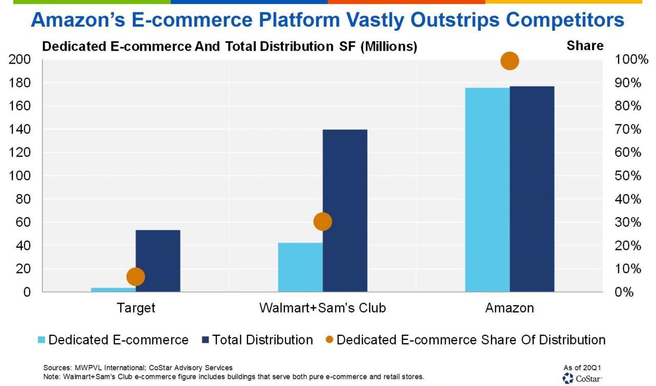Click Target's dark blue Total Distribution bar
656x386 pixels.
(158, 261)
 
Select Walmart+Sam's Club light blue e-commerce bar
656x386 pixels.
(300, 267)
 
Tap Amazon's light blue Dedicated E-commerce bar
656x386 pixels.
(487, 189)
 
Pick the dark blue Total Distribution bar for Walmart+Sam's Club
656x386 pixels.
(345, 210)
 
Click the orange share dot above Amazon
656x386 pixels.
(509, 61)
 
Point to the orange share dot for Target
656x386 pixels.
(136, 277)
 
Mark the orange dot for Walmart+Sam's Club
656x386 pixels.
(322, 222)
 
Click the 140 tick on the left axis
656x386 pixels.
(19, 130)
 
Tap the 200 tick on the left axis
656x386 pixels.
(19, 60)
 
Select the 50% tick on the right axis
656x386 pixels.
(627, 176)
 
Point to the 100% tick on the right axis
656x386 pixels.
(627, 60)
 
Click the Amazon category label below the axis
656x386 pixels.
(509, 308)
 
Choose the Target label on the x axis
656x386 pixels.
(136, 308)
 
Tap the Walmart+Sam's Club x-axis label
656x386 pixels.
(322, 308)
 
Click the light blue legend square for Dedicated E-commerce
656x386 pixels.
(42, 340)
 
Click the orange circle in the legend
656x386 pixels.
(330, 340)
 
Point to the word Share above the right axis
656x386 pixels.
(585, 46)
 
